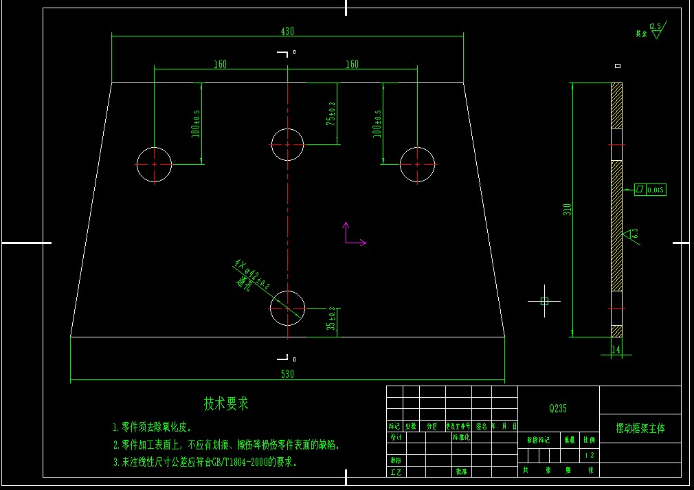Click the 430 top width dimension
click(x=287, y=31)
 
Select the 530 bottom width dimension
click(x=287, y=375)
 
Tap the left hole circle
click(x=154, y=165)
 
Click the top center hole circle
click(x=287, y=144)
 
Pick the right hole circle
click(x=417, y=165)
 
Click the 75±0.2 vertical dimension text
click(x=331, y=113)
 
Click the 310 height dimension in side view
click(x=567, y=209)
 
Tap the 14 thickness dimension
click(x=615, y=350)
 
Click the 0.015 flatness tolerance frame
click(x=649, y=190)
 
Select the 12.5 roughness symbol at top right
click(x=654, y=30)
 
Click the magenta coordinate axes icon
click(x=352, y=235)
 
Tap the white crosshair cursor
click(x=544, y=301)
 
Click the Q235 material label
click(x=558, y=408)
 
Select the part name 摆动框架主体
click(x=640, y=428)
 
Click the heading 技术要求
click(x=226, y=403)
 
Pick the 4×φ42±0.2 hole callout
click(x=251, y=274)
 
